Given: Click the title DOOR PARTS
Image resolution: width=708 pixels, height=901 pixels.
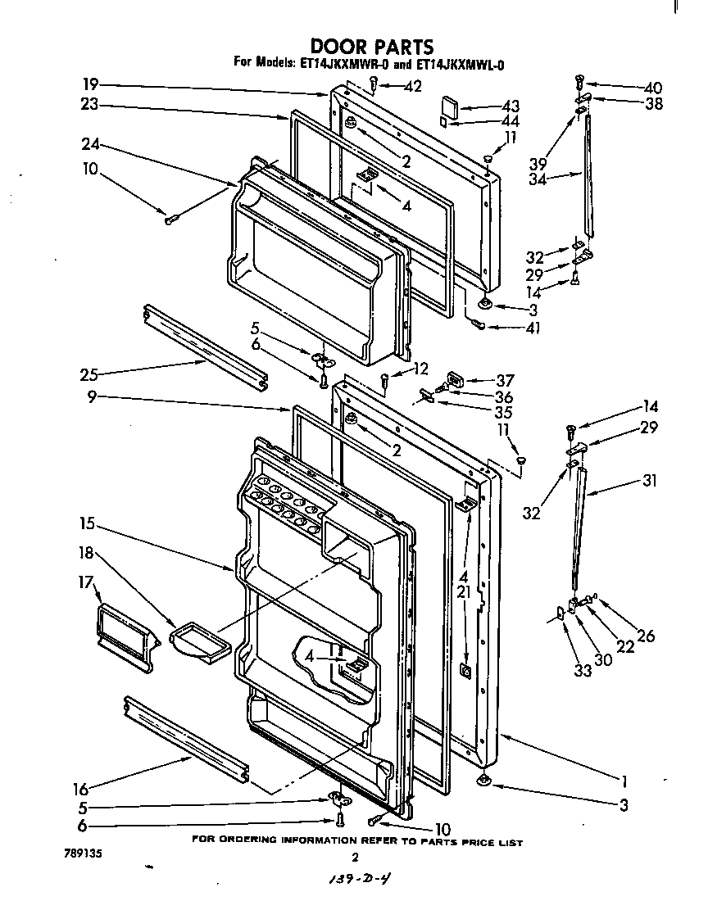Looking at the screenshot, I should click(x=371, y=47).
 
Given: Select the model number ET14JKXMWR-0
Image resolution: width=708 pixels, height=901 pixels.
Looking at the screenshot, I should click(x=338, y=62).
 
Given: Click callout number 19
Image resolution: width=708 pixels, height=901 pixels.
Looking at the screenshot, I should click(x=90, y=84).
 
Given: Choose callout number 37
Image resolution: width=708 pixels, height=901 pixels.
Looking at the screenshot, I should click(x=505, y=380).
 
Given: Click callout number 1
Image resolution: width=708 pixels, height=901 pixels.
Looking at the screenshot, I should click(x=624, y=780).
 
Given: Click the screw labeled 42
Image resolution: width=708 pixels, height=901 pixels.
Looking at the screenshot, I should click(x=374, y=83).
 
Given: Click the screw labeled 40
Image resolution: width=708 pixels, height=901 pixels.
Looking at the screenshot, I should click(x=580, y=82).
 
